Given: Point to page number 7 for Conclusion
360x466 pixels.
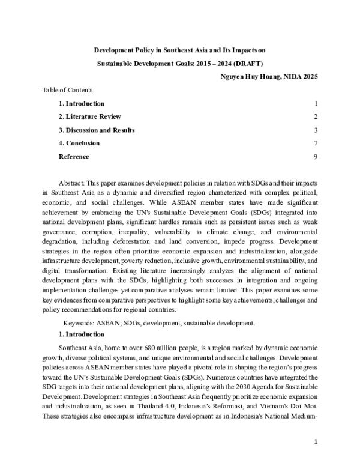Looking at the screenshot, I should click(315, 143).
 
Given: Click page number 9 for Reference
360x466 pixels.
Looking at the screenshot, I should click(315, 157).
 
